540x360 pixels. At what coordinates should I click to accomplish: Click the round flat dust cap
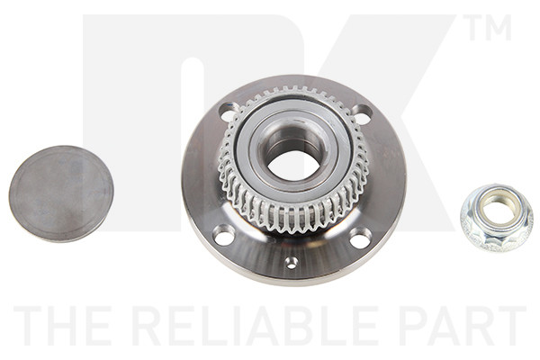[x=61, y=193]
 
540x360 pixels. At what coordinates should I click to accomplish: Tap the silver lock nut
[x=497, y=218]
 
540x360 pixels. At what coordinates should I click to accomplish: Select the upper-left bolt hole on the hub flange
[x=229, y=111]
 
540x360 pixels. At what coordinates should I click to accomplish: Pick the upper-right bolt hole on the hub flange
[x=363, y=114]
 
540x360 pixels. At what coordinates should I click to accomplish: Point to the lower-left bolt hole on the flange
[x=223, y=235]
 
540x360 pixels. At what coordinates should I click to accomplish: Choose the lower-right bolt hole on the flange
[x=359, y=238]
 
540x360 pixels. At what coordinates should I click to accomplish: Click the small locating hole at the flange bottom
[x=292, y=263]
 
